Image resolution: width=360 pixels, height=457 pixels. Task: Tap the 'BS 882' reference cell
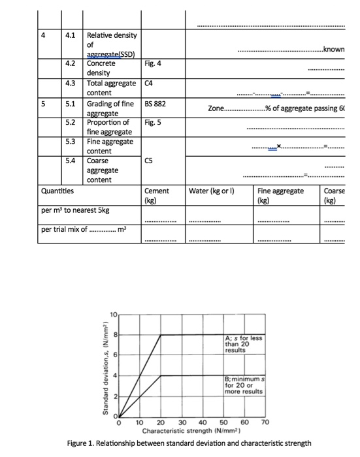click(155, 102)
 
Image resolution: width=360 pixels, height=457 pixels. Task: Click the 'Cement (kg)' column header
click(156, 195)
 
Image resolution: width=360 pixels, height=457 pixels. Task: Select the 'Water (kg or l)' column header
click(212, 191)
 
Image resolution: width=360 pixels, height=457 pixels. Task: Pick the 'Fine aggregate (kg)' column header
click(280, 195)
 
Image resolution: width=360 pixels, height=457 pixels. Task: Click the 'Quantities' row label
click(57, 191)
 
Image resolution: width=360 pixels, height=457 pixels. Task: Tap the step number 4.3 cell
click(71, 83)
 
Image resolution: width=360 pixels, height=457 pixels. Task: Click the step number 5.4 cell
click(71, 161)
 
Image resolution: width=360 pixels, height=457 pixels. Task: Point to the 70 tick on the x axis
click(264, 423)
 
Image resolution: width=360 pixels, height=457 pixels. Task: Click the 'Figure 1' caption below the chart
click(189, 443)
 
